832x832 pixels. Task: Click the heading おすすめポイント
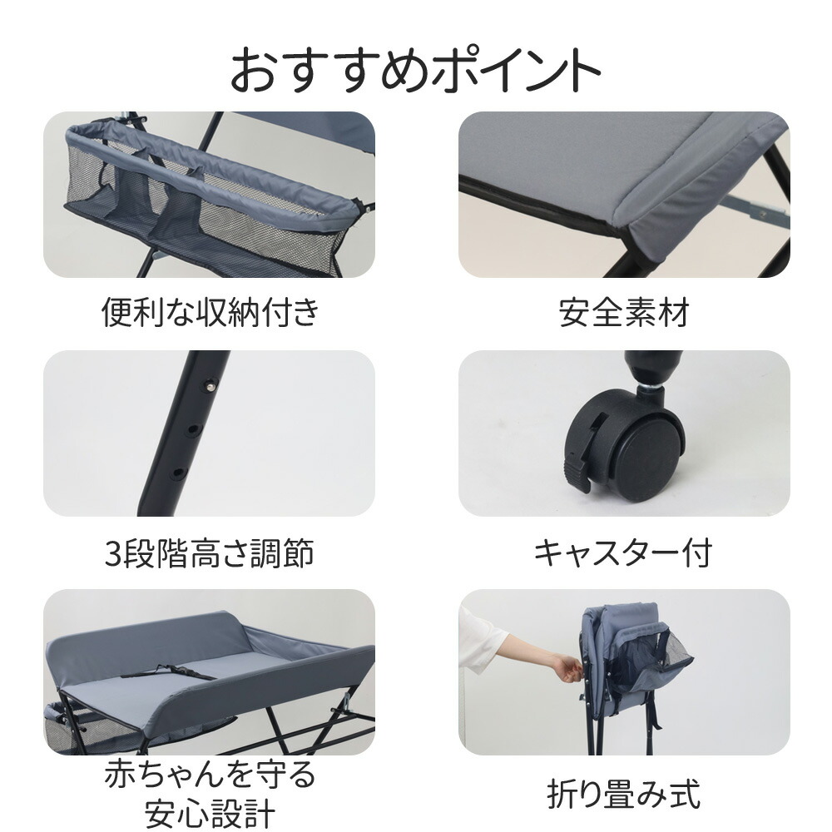[415, 71]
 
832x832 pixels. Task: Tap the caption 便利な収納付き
[210, 313]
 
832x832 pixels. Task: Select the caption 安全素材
[624, 313]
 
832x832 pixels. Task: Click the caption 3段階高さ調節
[210, 552]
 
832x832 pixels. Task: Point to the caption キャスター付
[623, 552]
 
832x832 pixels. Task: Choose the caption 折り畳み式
[623, 793]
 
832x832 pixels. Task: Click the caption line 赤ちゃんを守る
[210, 775]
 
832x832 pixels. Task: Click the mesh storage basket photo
[208, 195]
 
